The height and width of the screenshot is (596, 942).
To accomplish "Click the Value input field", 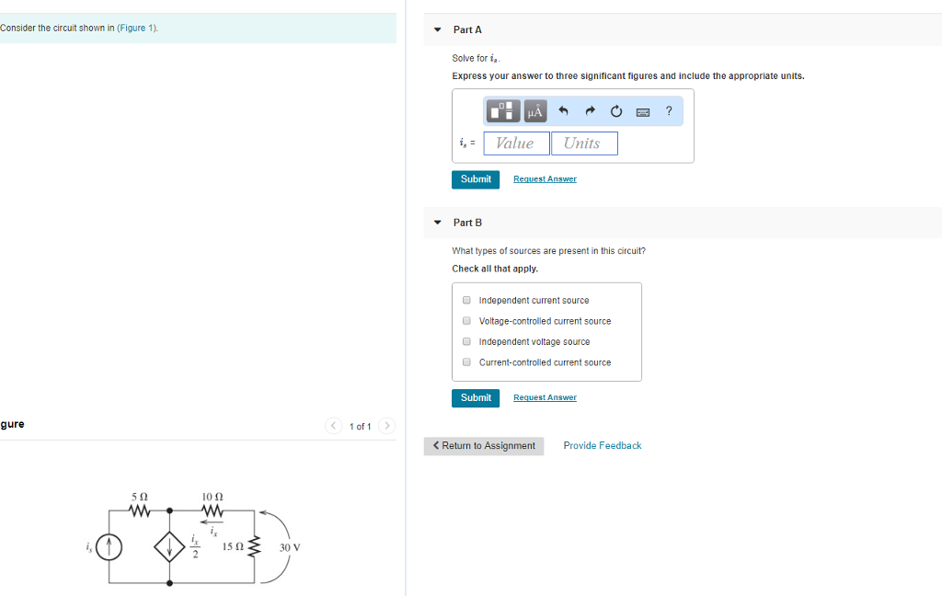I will (x=516, y=143).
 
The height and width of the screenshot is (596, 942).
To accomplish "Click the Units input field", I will (x=584, y=143).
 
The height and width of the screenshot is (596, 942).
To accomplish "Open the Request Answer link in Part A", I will (x=545, y=179).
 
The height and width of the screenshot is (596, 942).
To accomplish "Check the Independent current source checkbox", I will (x=467, y=301).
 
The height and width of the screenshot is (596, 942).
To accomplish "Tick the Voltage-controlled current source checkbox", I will (x=467, y=321).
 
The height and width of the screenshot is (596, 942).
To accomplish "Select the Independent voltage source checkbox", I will (x=467, y=342).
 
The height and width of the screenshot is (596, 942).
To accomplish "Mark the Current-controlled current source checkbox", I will (x=467, y=362).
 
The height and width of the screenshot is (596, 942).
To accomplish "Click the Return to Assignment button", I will (x=484, y=446).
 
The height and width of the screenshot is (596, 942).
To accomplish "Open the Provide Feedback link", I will (x=603, y=446).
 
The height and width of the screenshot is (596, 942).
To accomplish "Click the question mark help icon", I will (x=669, y=111).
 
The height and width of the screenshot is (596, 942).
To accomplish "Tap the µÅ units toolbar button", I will (x=535, y=111).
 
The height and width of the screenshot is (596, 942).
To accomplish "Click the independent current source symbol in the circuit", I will (x=109, y=547).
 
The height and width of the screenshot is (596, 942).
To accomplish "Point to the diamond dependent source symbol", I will (x=170, y=548).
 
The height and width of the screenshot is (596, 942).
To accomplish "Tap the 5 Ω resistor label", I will (x=139, y=497).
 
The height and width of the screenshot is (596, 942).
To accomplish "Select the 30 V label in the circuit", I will (x=290, y=548).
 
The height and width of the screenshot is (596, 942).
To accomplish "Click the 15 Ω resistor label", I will (x=232, y=548).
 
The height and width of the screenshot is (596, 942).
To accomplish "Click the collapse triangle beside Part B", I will (x=438, y=223).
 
